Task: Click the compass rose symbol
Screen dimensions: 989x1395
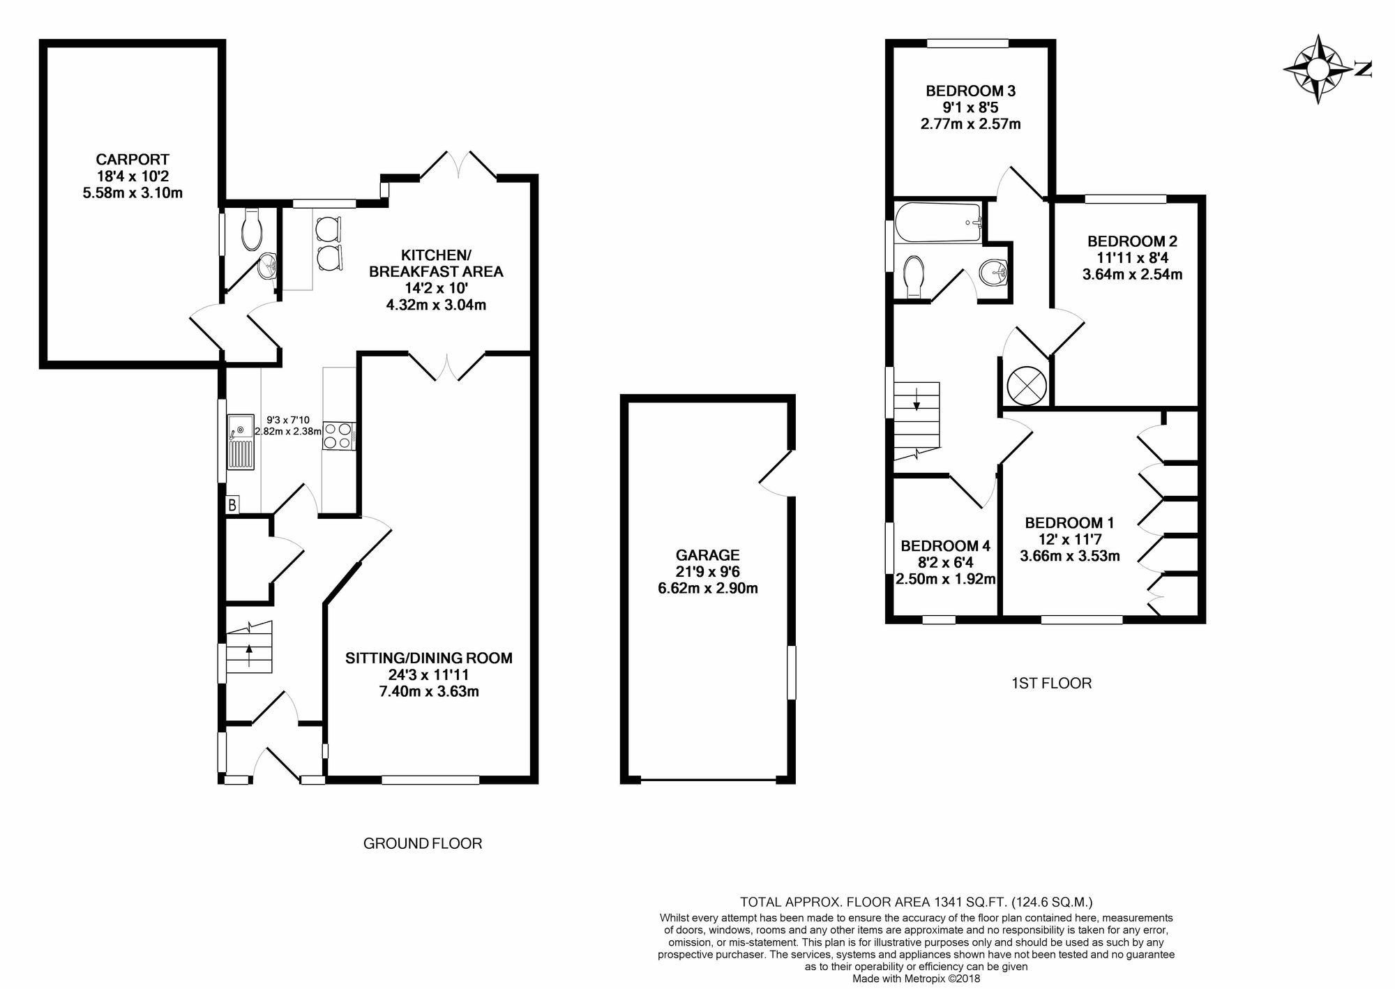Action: pyautogui.click(x=1316, y=70)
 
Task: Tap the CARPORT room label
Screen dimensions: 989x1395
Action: pyautogui.click(x=133, y=160)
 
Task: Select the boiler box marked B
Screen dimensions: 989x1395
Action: pyautogui.click(x=232, y=504)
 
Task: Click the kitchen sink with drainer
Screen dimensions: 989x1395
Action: pyautogui.click(x=241, y=441)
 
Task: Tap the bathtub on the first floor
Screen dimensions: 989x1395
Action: pyautogui.click(x=938, y=222)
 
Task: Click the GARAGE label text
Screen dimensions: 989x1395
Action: pyautogui.click(x=707, y=555)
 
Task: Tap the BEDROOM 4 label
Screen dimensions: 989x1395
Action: pyautogui.click(x=945, y=546)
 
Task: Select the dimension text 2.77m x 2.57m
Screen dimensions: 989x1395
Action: pyautogui.click(x=970, y=125)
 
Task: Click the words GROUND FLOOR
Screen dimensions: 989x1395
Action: pyautogui.click(x=423, y=844)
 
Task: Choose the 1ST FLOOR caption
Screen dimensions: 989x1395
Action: pyautogui.click(x=1051, y=684)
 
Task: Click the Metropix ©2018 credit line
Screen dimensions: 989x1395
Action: pyautogui.click(x=917, y=979)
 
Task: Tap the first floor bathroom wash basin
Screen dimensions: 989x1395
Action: pyautogui.click(x=993, y=273)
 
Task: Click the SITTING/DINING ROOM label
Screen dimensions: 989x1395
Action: pyautogui.click(x=429, y=658)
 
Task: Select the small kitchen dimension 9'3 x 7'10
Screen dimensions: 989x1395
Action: pyautogui.click(x=288, y=420)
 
